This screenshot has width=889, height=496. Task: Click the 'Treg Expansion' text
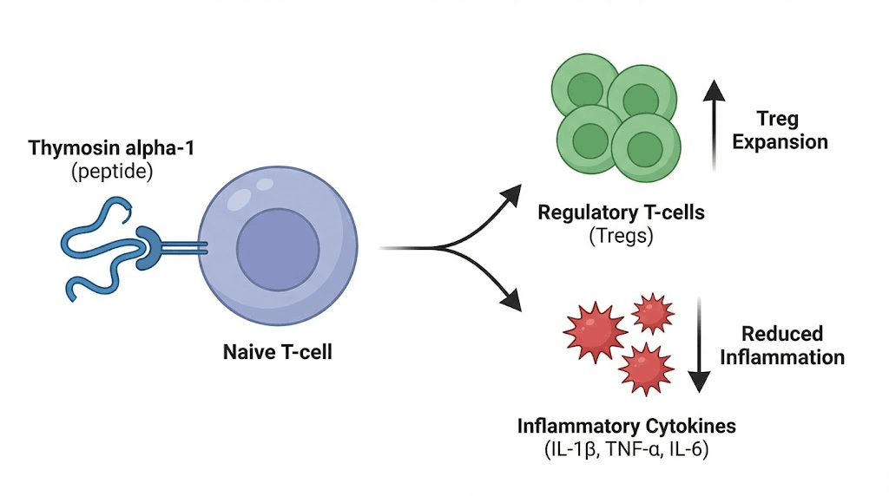tap(780, 130)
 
